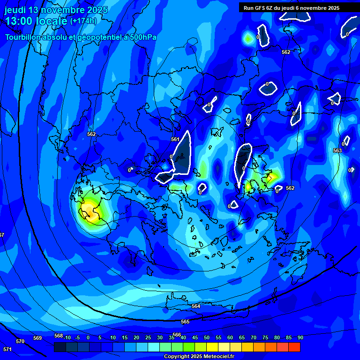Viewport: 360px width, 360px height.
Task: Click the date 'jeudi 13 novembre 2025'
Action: pyautogui.click(x=56, y=10)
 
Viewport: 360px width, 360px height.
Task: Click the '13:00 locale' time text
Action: pyautogui.click(x=36, y=21)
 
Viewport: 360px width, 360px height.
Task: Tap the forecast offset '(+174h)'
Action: pyautogui.click(x=83, y=21)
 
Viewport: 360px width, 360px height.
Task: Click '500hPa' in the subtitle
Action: pyautogui.click(x=142, y=37)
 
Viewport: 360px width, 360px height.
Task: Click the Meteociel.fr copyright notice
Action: pyautogui.click(x=198, y=357)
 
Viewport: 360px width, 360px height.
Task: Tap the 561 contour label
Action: pyautogui.click(x=175, y=139)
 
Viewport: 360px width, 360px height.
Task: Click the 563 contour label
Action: pyautogui.click(x=337, y=150)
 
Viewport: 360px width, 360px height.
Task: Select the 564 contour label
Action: pyautogui.click(x=196, y=306)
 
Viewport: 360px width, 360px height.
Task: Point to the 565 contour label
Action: pyautogui.click(x=185, y=322)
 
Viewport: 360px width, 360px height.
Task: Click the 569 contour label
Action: pyautogui.click(x=37, y=338)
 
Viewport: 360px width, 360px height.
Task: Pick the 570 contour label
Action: pyautogui.click(x=20, y=341)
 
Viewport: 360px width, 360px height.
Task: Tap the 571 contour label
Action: pyautogui.click(x=7, y=349)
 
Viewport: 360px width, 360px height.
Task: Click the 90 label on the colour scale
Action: pyautogui.click(x=300, y=337)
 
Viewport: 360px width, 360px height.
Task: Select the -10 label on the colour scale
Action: pyautogui.click(x=67, y=337)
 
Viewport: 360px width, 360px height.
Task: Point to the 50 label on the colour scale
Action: pyautogui.click(x=206, y=337)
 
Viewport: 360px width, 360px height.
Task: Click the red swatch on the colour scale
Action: pyautogui.click(x=294, y=347)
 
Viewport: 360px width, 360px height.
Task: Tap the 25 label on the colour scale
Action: pyautogui.click(x=148, y=337)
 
